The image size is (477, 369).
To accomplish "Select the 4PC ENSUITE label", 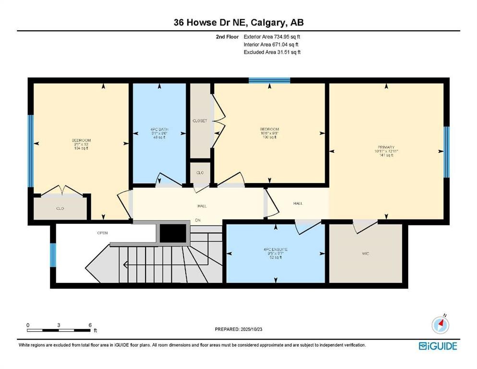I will tap(275, 250).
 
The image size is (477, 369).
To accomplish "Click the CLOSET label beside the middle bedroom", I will tap(199, 121).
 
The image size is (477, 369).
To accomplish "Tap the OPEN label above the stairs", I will tap(102, 233).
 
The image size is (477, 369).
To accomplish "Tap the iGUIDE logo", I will tap(438, 346).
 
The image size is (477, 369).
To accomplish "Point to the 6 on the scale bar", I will tap(90, 325).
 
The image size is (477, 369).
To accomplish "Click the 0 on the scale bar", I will tap(28, 325).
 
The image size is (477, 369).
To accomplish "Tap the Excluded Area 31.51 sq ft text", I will tap(272, 52).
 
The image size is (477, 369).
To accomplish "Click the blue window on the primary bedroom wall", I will tap(446, 152).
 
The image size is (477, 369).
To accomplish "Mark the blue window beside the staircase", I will tap(53, 255).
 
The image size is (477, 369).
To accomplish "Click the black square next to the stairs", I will tap(172, 234).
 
